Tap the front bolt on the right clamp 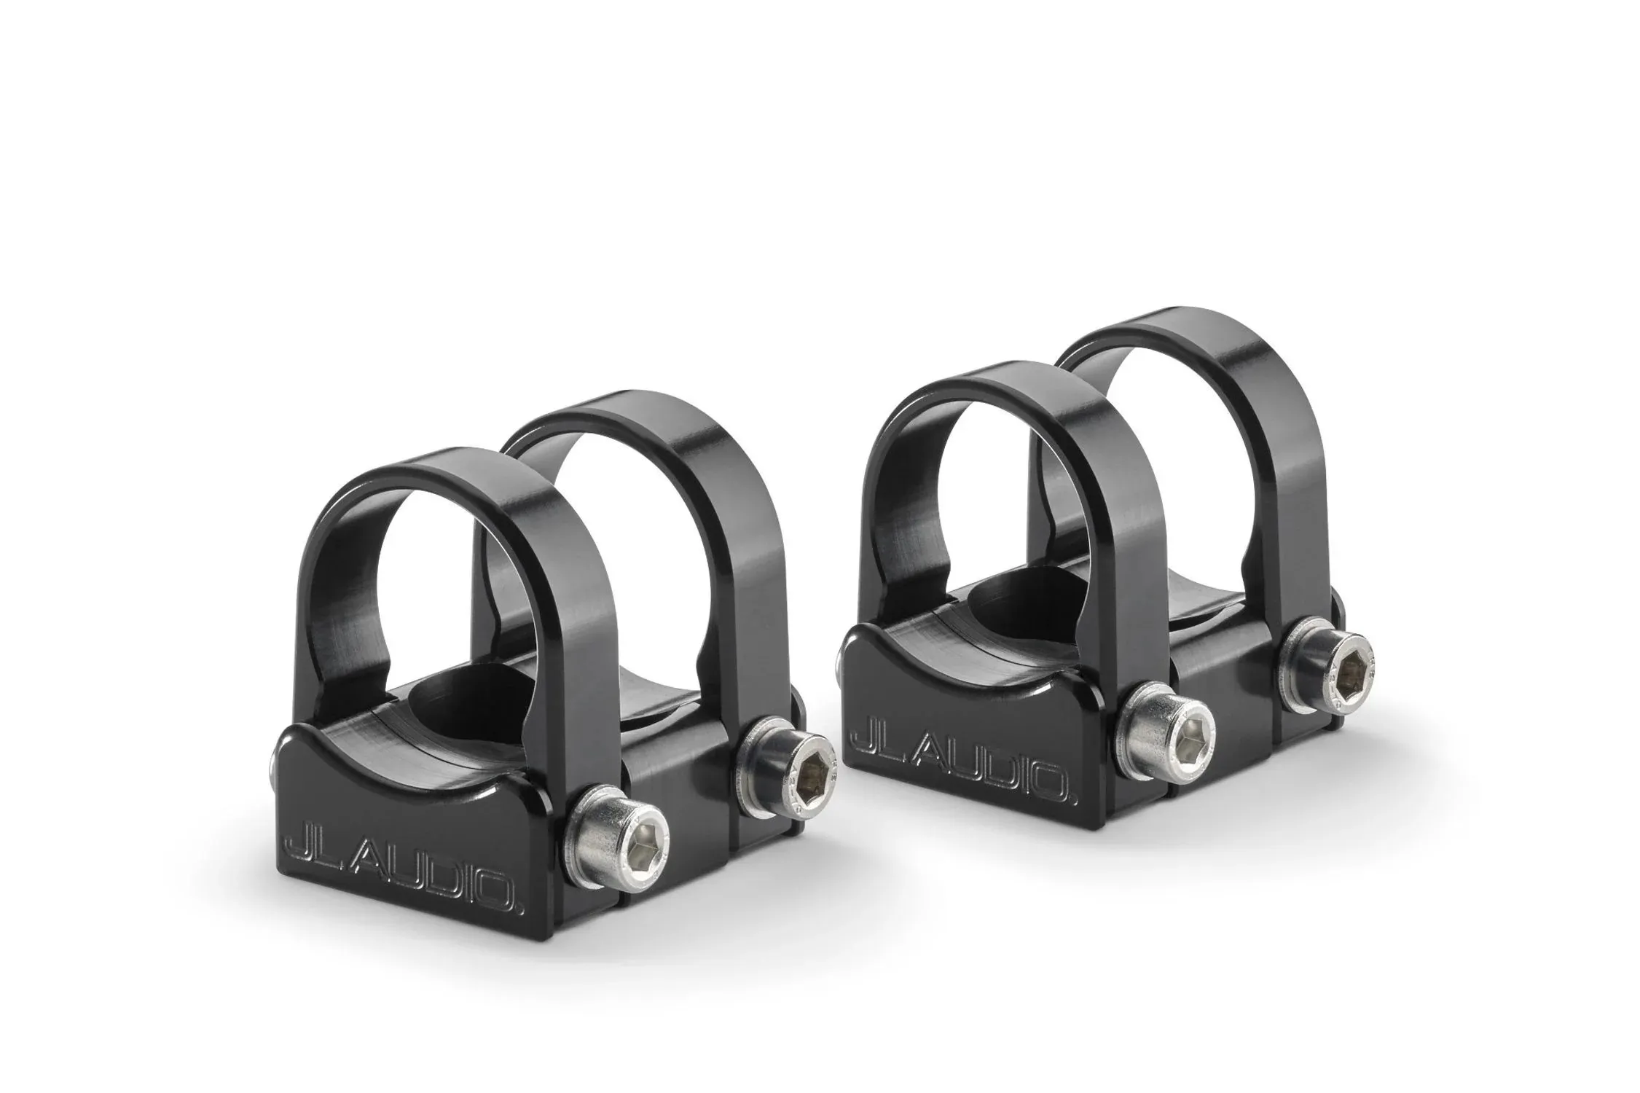(x=1166, y=737)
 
